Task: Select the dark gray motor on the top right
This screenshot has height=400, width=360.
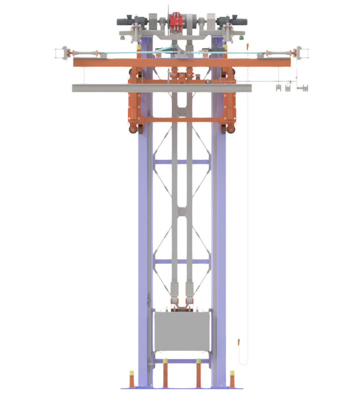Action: [236, 21]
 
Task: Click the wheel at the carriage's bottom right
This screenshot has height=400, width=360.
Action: [230, 130]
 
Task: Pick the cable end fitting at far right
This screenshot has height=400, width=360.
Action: [298, 51]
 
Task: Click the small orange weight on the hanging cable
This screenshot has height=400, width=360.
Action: [240, 343]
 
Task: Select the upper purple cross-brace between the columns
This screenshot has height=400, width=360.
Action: [181, 161]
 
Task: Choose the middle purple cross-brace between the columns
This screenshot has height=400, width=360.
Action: [181, 261]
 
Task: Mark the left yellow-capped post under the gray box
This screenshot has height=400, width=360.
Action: [165, 373]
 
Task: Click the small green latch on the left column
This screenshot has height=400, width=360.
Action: [148, 300]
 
